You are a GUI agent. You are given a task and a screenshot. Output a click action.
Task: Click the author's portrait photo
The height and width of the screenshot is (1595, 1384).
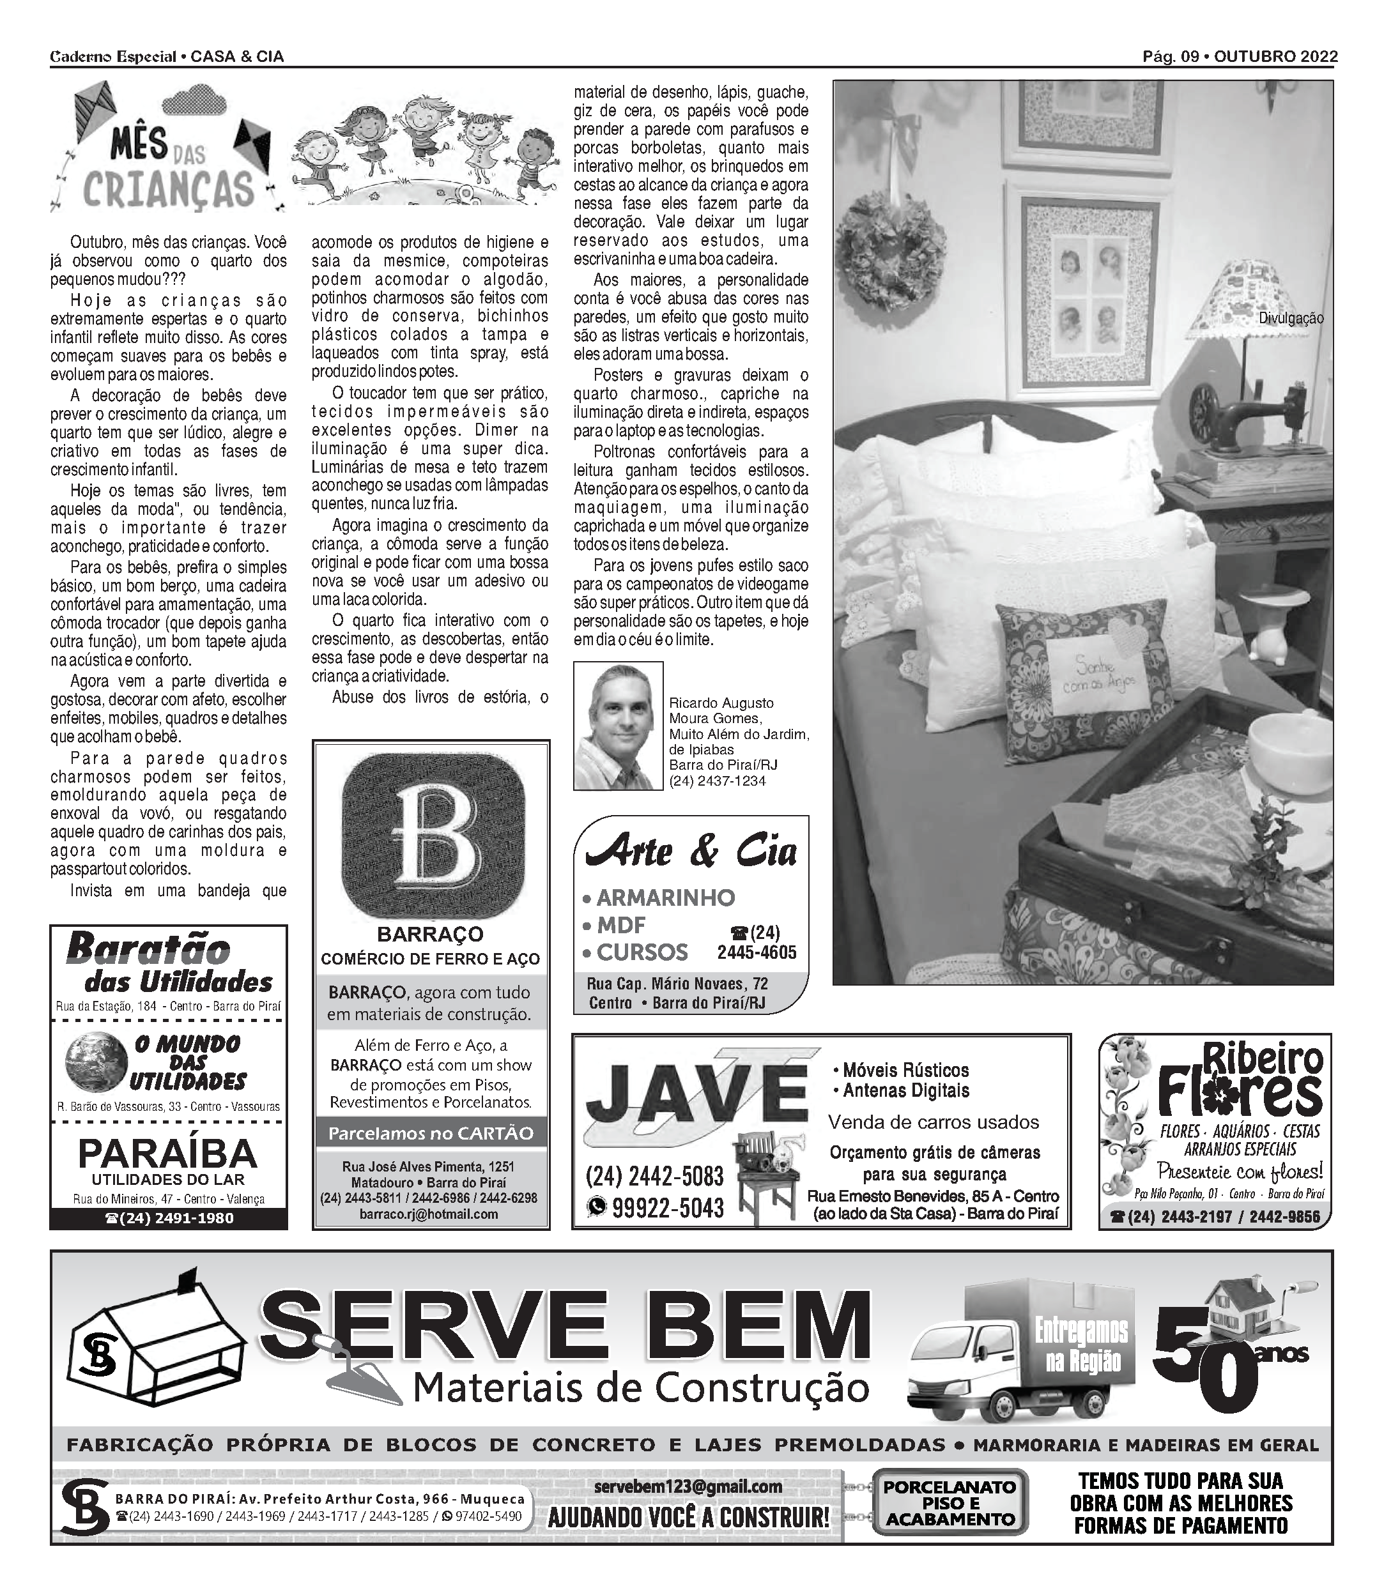coord(618,726)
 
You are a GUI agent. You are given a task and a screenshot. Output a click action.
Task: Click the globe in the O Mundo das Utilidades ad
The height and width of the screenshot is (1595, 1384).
coord(96,1063)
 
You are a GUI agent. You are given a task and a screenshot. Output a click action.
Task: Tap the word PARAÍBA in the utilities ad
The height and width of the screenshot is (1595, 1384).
coord(167,1154)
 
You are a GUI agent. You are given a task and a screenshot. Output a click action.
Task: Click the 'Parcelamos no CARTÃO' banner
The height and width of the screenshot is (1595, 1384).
coord(430,1133)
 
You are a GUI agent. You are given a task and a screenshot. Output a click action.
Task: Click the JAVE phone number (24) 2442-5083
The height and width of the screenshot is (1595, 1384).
coord(655,1176)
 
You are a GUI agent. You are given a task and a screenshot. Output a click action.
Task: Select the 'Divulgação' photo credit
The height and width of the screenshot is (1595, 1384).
coord(1291,318)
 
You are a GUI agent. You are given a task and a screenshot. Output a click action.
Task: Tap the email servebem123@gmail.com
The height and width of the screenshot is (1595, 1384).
coord(688,1486)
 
